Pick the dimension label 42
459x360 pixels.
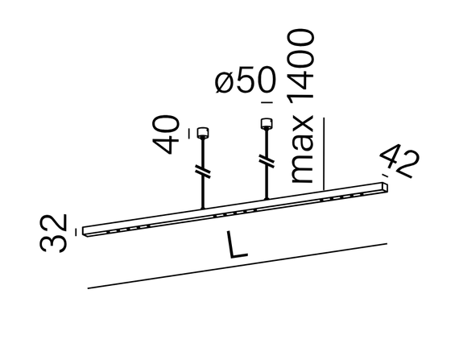click(x=400, y=162)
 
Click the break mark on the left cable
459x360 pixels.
click(x=202, y=171)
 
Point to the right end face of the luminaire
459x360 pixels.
click(x=385, y=187)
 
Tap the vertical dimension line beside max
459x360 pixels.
click(x=324, y=153)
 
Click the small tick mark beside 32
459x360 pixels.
click(x=76, y=230)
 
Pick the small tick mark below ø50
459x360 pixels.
click(x=263, y=104)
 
